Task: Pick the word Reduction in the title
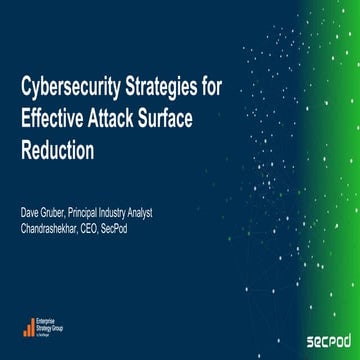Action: (57, 151)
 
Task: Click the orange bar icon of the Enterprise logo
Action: (29, 328)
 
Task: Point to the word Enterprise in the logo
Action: (51, 320)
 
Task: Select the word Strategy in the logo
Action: (49, 327)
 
